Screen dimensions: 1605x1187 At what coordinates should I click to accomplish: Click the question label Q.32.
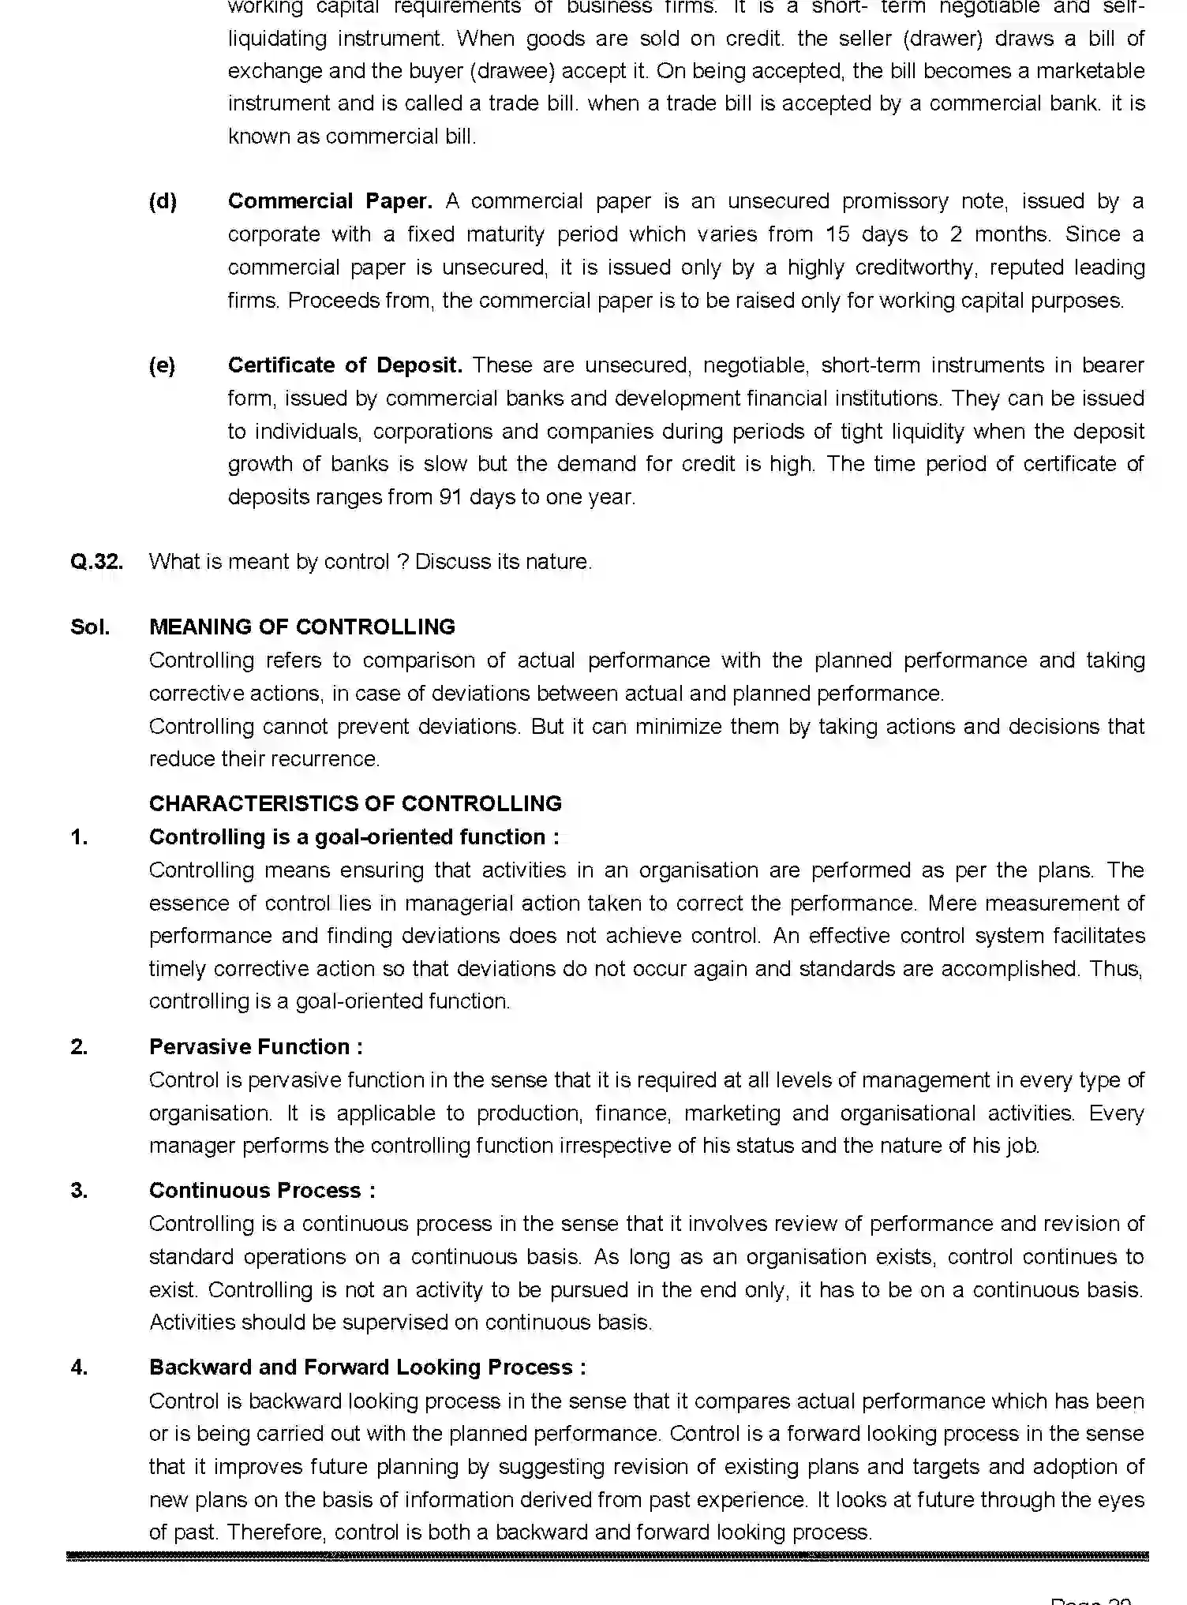(x=96, y=562)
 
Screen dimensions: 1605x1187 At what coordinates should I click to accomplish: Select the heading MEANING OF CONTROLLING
(x=301, y=627)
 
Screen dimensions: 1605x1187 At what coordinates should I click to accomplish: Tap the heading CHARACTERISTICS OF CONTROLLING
(x=355, y=803)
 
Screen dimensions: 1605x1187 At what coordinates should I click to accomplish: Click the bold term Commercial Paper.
(x=330, y=201)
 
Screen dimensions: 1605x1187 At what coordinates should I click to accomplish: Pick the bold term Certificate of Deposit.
(x=345, y=365)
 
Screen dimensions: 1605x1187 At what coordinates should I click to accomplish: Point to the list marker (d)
(x=163, y=201)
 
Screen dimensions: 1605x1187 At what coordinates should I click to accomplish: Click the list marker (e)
(x=163, y=365)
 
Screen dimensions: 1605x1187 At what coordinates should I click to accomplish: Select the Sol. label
(x=90, y=627)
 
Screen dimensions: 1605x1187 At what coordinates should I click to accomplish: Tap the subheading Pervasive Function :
(x=256, y=1047)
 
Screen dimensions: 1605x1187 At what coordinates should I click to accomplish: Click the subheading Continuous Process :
(x=262, y=1191)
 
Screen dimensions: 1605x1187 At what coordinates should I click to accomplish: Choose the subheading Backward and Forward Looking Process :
(x=367, y=1367)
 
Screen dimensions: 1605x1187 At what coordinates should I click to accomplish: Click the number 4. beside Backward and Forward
(x=79, y=1367)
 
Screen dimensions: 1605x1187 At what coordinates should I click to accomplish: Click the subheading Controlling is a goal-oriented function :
(x=354, y=837)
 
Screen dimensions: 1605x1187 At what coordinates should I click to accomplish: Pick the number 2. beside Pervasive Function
(x=79, y=1047)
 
